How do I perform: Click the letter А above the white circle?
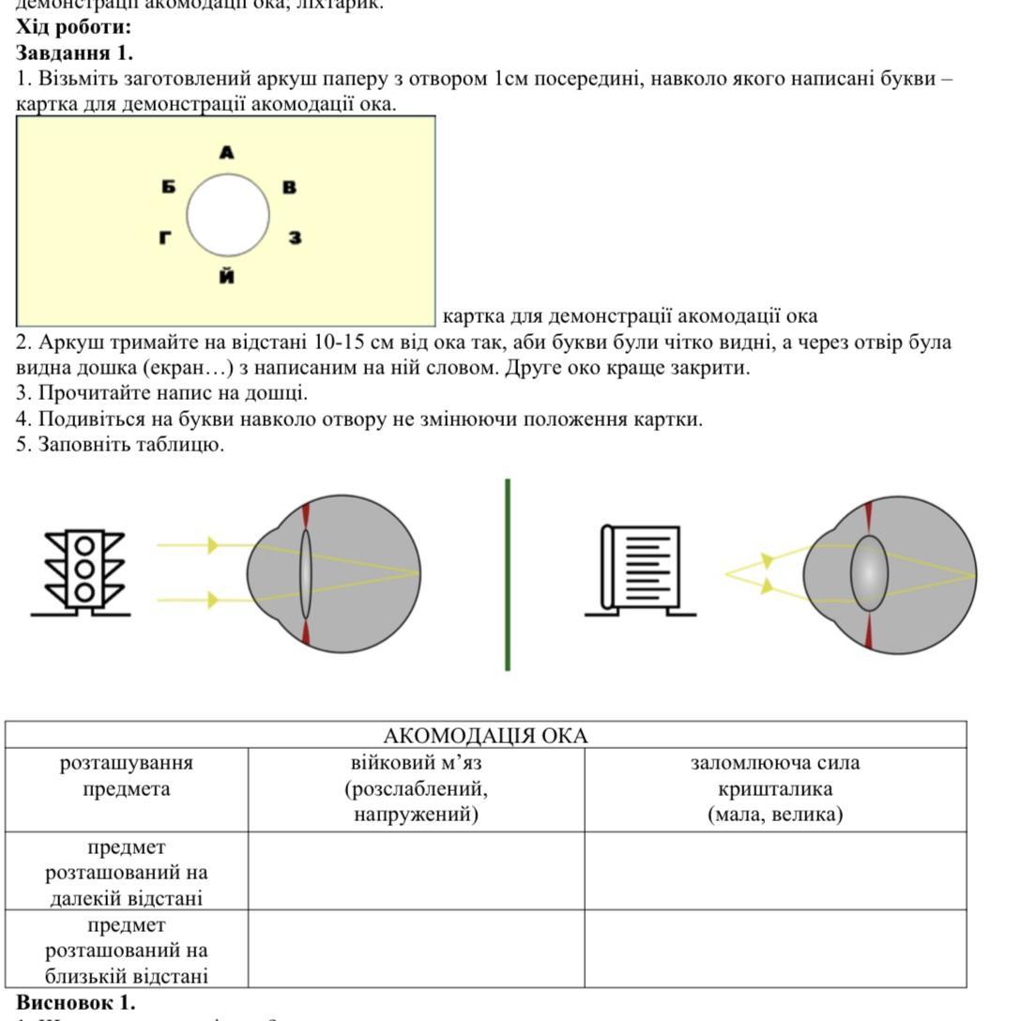[x=226, y=152]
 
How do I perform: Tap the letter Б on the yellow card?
[x=168, y=187]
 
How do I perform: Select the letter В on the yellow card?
[x=289, y=187]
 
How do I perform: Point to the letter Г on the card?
[x=165, y=237]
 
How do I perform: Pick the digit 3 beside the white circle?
[x=295, y=237]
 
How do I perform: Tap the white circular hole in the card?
[x=228, y=215]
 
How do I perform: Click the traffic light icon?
[x=84, y=572]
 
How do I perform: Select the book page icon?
[x=642, y=570]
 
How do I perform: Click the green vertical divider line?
[x=508, y=574]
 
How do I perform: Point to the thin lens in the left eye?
[x=306, y=573]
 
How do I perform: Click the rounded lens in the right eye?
[x=870, y=573]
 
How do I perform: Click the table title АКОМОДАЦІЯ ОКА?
[x=485, y=735]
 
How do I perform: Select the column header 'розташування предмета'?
[x=127, y=775]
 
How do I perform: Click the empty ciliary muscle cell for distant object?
[x=416, y=871]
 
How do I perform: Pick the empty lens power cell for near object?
[x=774, y=948]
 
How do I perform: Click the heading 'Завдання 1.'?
[x=75, y=53]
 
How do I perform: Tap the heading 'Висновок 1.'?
[x=76, y=1002]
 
